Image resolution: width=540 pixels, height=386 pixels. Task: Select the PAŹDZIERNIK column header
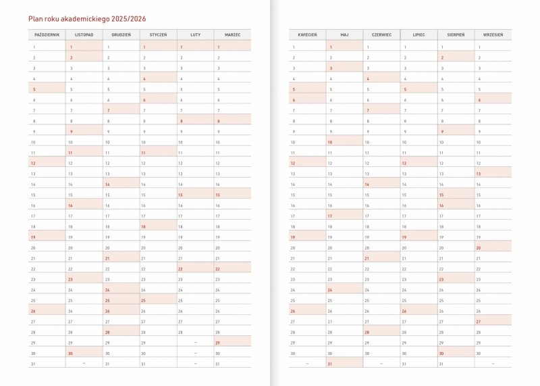[47, 34]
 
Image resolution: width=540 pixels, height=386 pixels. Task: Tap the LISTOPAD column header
[84, 34]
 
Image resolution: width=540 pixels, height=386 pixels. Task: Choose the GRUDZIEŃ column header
[121, 34]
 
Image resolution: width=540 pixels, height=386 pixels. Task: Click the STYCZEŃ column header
[158, 34]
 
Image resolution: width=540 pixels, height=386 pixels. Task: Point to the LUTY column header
[195, 34]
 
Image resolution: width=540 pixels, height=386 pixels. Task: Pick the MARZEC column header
[232, 34]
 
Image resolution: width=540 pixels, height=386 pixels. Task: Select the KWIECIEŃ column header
[307, 34]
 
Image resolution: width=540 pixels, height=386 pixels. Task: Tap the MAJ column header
[344, 34]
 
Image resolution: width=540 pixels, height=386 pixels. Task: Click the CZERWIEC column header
[381, 34]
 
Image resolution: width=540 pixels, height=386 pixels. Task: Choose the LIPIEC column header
[418, 34]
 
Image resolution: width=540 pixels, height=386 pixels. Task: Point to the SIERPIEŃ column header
[456, 34]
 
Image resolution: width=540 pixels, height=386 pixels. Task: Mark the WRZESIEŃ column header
[493, 34]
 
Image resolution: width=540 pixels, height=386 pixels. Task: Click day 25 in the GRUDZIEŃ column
[108, 300]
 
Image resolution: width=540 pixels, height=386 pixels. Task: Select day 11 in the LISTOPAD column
[71, 153]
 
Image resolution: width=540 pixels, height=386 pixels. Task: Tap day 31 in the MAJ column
[331, 364]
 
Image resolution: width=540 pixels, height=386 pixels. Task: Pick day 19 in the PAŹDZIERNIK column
[34, 237]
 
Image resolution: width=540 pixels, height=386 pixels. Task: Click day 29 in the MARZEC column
[219, 343]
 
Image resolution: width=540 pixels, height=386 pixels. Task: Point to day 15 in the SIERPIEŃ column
[442, 195]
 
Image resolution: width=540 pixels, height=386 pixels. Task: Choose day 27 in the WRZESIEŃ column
[479, 322]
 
